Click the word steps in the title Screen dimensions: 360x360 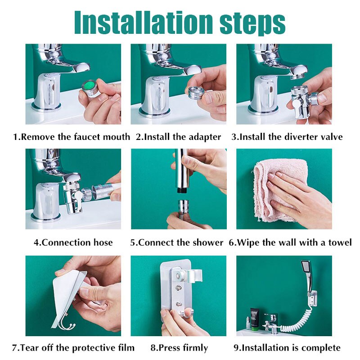252,23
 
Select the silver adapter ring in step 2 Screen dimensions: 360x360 196,92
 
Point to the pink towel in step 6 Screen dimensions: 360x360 280,191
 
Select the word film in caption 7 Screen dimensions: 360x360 126,347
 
